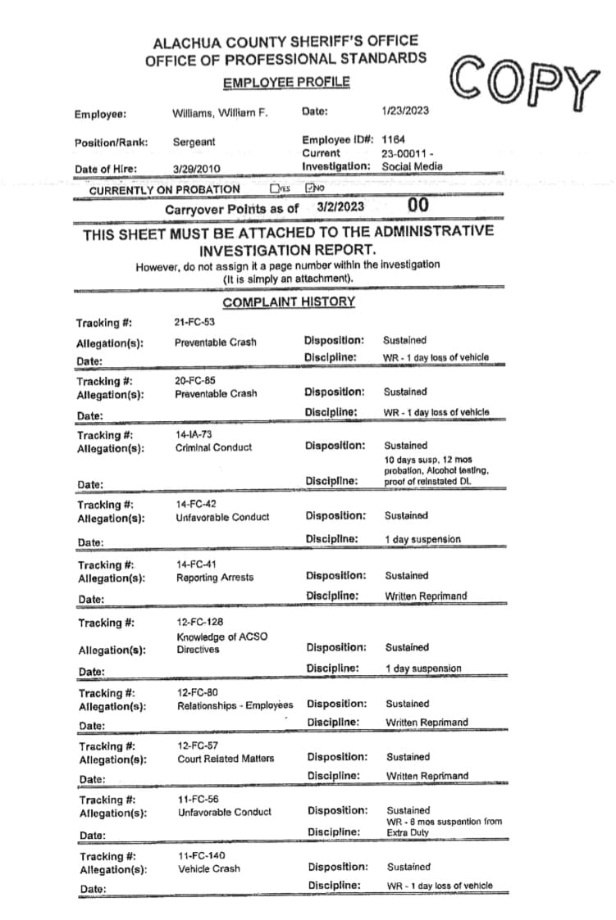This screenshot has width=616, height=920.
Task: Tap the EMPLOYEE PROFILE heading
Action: (286, 82)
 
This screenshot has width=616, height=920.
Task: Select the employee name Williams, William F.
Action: (220, 113)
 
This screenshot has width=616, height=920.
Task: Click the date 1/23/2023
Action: (405, 111)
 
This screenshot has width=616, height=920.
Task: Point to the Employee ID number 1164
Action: (394, 140)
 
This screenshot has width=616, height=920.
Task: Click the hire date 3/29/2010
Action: (197, 169)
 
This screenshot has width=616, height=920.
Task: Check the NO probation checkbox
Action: (310, 188)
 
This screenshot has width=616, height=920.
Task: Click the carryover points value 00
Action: (418, 206)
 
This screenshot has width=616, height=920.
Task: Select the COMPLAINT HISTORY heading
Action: (289, 301)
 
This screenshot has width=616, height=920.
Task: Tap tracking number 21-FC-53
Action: (194, 323)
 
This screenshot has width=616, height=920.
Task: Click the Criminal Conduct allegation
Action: (214, 447)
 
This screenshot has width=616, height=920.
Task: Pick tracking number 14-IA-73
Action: (194, 434)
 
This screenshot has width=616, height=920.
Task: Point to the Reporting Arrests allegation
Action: (215, 578)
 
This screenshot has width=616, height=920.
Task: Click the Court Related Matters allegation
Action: (226, 759)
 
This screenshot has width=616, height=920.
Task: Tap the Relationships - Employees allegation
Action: (235, 705)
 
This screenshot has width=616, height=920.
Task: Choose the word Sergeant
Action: (194, 142)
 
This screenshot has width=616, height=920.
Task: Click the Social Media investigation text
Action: (412, 166)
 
